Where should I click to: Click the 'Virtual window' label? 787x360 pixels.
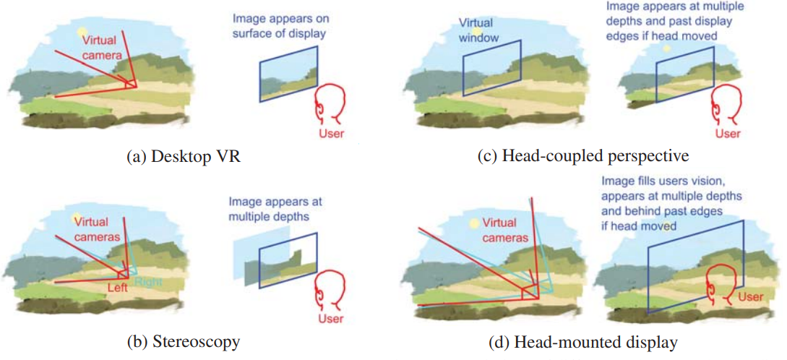pos(480,31)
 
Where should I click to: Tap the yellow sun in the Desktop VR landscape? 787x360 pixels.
pos(82,34)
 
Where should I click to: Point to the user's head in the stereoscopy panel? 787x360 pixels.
pos(331,290)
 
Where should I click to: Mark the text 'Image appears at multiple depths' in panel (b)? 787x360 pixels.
pos(270,208)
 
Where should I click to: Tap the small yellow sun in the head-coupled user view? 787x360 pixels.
pos(666,47)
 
